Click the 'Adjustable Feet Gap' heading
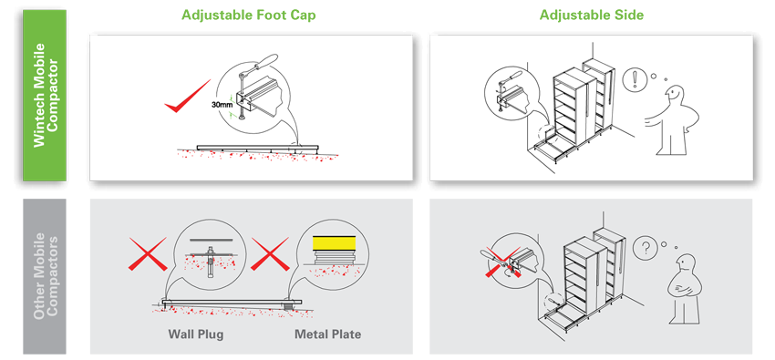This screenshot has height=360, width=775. click(x=249, y=15)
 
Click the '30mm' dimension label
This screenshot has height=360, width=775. click(x=222, y=105)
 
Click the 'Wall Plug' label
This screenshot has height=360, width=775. click(x=195, y=334)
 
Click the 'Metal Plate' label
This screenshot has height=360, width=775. click(x=327, y=334)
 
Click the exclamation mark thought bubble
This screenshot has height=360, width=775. click(x=633, y=80)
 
